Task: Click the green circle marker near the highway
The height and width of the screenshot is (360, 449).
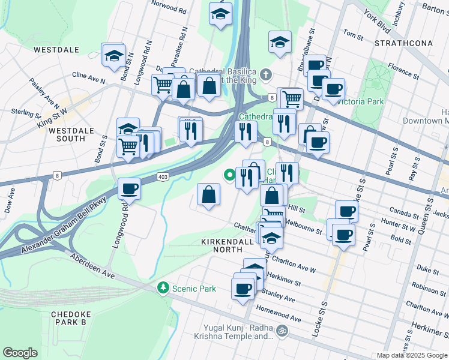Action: coord(229,175)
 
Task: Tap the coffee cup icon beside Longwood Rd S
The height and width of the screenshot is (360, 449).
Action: coord(129,190)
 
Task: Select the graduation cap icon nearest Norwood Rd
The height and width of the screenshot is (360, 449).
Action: coord(221,14)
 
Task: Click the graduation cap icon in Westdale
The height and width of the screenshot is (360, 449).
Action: coord(112,55)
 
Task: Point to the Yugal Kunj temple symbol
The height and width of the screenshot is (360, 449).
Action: coord(282,331)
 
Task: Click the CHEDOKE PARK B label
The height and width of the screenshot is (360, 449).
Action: coord(69,318)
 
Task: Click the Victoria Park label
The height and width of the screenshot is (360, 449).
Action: coord(360,101)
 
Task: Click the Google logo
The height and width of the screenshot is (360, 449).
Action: coord(20,353)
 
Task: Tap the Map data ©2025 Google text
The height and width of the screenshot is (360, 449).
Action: coord(411,355)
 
